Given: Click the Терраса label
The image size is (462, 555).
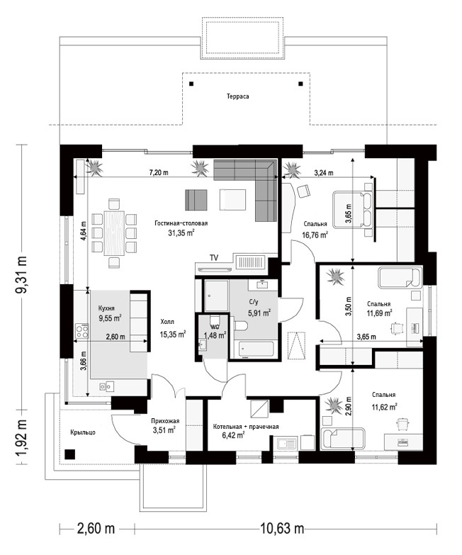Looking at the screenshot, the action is (x=237, y=96).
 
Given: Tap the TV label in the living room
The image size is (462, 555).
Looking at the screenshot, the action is (x=214, y=258).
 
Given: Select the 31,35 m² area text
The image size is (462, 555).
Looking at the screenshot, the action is (x=181, y=232).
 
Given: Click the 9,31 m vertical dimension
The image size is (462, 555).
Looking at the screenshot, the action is (x=21, y=274).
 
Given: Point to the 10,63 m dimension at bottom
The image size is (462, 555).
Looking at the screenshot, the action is (x=282, y=529).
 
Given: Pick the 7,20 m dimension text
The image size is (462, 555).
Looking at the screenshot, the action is (x=159, y=173).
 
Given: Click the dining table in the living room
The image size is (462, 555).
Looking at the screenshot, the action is (x=114, y=233).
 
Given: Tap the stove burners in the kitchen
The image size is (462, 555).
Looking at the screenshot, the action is (x=82, y=330).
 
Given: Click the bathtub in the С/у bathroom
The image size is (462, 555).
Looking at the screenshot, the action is (x=256, y=349).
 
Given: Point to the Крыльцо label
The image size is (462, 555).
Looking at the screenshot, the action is (x=83, y=432).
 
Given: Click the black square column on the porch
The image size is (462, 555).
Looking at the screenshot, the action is (x=69, y=454).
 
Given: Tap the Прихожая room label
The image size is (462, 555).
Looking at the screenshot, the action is (x=165, y=421).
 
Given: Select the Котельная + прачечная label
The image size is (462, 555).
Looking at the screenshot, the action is (x=246, y=427).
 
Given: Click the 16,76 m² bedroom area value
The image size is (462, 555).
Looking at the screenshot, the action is (x=315, y=235).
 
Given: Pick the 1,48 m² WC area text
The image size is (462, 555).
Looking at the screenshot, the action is (x=215, y=335).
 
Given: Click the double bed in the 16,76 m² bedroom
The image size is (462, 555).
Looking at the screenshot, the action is (x=352, y=211).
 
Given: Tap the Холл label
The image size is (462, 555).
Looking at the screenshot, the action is (x=167, y=322).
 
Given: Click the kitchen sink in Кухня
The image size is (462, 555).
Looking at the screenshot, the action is (x=106, y=386).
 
